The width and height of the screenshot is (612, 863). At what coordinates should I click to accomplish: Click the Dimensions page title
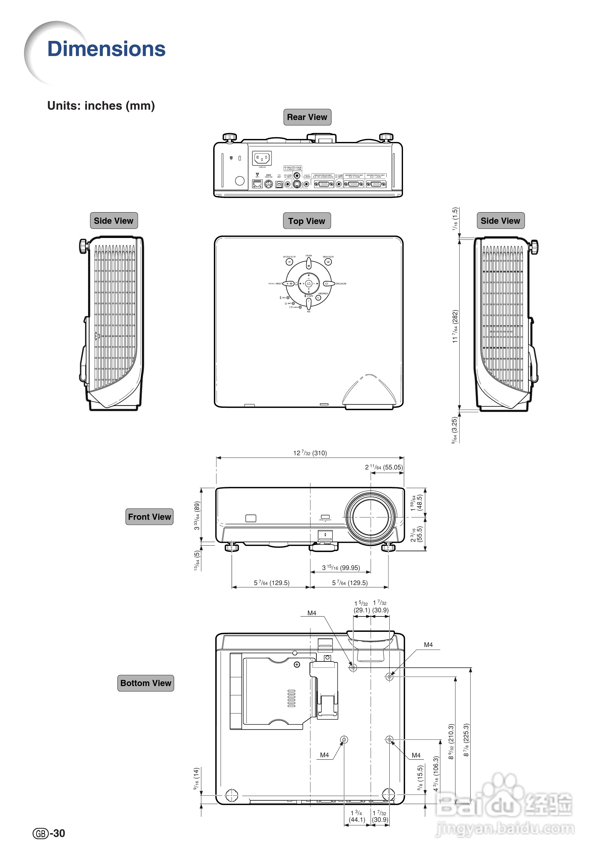106,49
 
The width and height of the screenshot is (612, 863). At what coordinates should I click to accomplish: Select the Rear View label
307,117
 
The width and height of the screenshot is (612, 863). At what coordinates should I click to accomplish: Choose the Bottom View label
146,683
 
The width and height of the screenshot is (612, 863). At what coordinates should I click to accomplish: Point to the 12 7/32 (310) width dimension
310,453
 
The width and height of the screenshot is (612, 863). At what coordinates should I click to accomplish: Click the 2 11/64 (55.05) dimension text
384,467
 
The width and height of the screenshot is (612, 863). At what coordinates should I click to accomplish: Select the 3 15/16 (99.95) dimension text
341,568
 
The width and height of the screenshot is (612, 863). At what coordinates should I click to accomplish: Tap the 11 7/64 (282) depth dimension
455,326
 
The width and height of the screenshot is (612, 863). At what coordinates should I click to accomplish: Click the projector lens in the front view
370,517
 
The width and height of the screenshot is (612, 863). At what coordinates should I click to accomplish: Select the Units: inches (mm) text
101,106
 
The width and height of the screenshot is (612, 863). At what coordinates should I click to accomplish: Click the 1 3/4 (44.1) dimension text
357,816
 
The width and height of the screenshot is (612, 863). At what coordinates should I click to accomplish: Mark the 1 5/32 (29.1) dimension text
361,607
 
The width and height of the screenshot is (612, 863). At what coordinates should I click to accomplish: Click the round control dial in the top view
308,283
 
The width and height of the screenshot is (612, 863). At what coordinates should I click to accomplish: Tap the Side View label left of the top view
114,221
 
